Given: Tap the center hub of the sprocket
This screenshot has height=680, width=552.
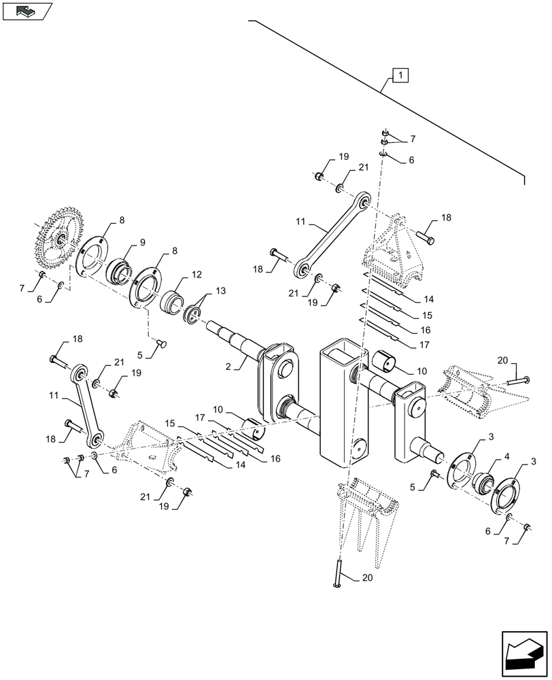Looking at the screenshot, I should click(x=60, y=239).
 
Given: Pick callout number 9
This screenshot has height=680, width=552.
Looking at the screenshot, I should click(x=142, y=242).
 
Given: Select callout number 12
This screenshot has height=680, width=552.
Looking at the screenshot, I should click(x=196, y=275).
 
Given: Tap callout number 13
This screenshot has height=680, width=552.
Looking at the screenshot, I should click(x=219, y=291).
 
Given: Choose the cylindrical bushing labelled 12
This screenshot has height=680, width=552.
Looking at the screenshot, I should click(x=172, y=300).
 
